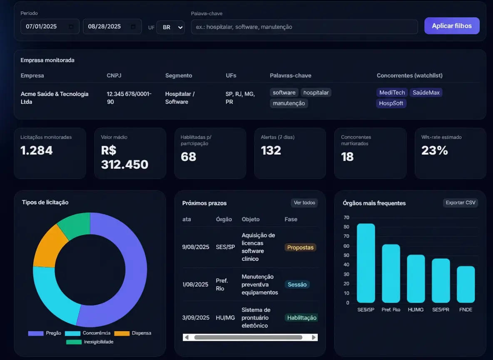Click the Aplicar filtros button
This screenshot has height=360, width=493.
tap(452, 26)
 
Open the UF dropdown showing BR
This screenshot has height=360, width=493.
tap(171, 27)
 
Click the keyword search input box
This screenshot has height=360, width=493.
tap(304, 27)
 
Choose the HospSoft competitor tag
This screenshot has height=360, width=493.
tap(391, 103)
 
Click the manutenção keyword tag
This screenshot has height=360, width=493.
tap(289, 103)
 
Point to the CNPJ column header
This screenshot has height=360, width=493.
tap(114, 75)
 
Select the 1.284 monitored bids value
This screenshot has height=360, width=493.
tap(37, 150)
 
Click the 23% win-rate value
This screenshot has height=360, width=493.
tap(434, 150)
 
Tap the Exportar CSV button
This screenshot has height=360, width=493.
tap(460, 203)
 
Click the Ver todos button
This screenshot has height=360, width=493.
tap(304, 203)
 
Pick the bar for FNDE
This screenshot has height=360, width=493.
tap(466, 285)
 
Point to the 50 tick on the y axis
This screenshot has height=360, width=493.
tap(346, 255)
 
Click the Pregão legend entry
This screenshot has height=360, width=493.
tap(45, 333)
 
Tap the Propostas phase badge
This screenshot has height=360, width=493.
tap(300, 247)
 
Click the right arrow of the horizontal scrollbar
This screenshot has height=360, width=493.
tap(314, 337)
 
